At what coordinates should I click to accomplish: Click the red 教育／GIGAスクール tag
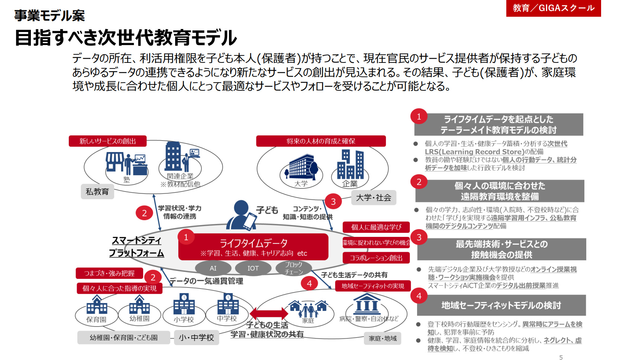coord(554,8)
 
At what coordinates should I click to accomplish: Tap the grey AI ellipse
coord(213,268)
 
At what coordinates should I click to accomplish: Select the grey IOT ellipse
coord(253,268)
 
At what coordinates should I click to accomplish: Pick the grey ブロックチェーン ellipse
coord(294,268)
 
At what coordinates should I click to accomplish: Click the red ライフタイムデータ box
coord(253,247)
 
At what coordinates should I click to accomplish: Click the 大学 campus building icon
coord(301,166)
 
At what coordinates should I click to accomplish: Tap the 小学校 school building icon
coord(184,304)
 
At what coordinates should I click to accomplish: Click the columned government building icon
coord(367,304)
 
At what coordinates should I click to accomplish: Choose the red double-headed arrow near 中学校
coord(269,313)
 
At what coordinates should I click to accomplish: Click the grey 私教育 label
coord(97,192)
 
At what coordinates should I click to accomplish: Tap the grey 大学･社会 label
coord(373,197)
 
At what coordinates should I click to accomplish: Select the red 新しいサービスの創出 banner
coord(107,141)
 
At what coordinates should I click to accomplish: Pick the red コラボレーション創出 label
coord(376,258)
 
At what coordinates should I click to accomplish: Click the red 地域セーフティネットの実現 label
coord(373,286)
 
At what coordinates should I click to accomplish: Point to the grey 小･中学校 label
coord(197,338)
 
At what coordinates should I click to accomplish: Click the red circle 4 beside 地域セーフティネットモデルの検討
coord(419,296)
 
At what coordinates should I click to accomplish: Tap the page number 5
coord(561,357)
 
